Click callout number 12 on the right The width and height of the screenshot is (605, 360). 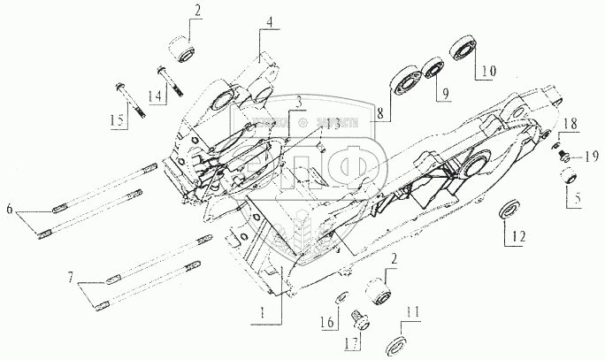(517, 236)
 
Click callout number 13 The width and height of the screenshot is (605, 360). (330, 124)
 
